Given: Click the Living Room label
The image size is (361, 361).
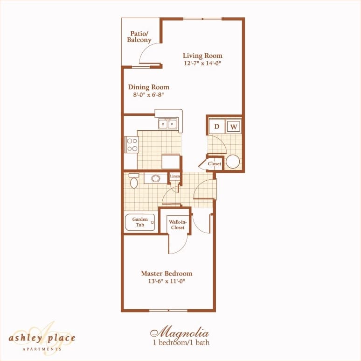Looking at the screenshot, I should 202,56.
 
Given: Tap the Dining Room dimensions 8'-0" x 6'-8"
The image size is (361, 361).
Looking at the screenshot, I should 148,95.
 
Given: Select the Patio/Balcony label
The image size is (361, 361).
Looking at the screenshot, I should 139,37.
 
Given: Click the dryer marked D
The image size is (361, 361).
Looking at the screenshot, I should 217,126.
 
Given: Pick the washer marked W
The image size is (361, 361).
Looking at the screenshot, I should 234,126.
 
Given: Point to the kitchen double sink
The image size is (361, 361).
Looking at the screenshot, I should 167,124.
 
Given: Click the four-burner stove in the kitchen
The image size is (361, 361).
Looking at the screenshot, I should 132,144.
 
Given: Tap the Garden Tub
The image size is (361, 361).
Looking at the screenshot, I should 140,222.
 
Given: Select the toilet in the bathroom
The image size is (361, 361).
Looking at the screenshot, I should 134,181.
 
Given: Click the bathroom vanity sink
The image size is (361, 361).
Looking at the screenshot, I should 155,178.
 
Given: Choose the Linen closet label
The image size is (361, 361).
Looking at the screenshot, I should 175,176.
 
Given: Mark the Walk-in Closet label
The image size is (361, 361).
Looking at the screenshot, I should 177,225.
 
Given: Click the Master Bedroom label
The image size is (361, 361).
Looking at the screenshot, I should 167,274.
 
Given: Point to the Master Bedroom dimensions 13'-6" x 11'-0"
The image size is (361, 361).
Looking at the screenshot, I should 167,281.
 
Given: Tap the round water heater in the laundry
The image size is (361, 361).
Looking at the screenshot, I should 233,162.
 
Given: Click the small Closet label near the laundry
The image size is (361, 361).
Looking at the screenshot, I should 214,164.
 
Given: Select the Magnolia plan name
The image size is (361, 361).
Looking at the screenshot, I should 179,333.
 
